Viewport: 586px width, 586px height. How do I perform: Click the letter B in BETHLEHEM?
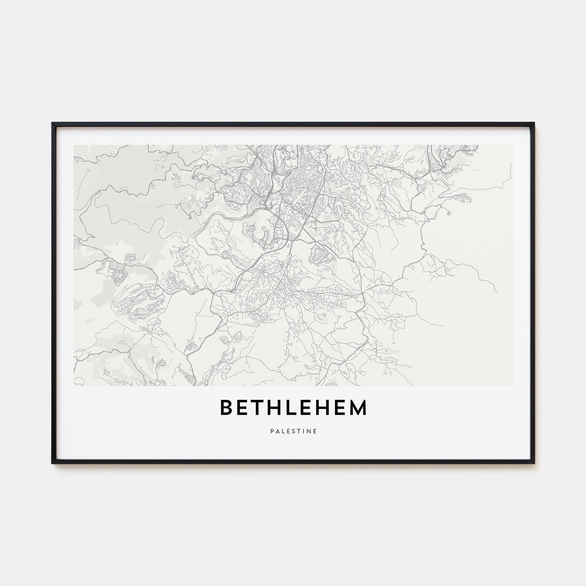tap(226, 408)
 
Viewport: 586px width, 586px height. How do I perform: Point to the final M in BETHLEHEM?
tap(358, 408)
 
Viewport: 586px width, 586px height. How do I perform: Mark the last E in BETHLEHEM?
tap(338, 408)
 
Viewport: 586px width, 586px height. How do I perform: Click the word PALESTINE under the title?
tap(293, 431)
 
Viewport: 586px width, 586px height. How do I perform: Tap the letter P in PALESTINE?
tap(272, 431)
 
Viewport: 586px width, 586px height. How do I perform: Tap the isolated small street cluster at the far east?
tap(463, 198)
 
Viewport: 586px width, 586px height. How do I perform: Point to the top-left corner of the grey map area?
tap(74, 145)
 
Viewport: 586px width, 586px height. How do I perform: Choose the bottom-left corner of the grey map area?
tap(74, 386)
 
